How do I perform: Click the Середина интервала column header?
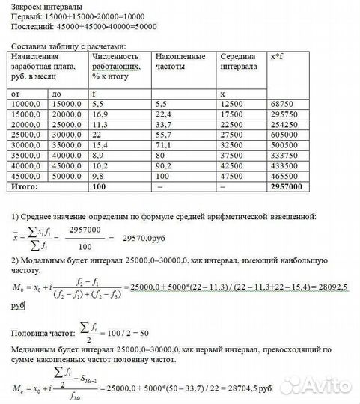[x=239, y=61]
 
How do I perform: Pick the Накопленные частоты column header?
[x=177, y=61]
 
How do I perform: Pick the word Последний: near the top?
[x=28, y=26]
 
